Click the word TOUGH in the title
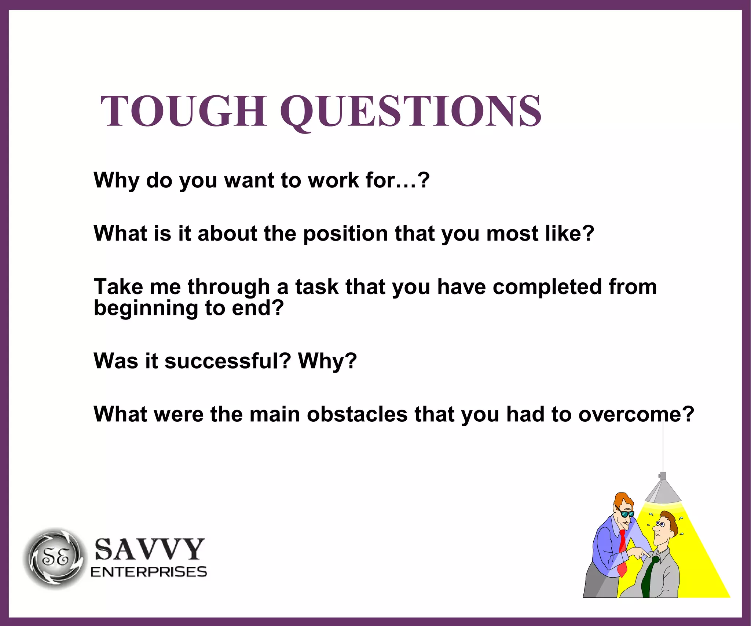click(x=183, y=111)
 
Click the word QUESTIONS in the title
click(x=411, y=111)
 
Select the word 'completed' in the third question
click(x=547, y=287)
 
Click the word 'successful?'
click(x=228, y=361)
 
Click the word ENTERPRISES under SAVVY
click(x=149, y=572)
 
